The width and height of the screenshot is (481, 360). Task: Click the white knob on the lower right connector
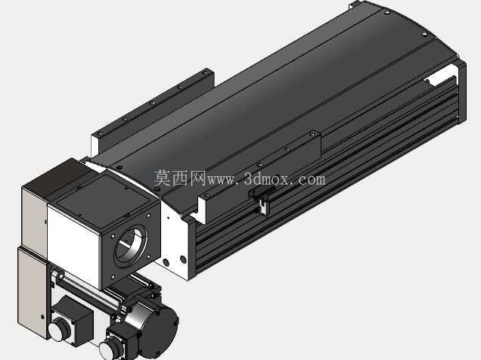(110, 349)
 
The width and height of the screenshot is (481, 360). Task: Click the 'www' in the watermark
(221, 180)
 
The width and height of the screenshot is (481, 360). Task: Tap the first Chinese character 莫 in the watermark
(162, 178)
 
